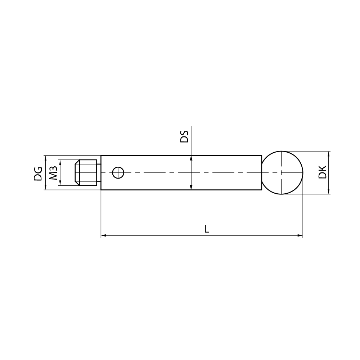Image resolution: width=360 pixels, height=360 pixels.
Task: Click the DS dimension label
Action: coord(184,137)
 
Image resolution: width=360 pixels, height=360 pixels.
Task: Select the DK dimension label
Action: coord(323,172)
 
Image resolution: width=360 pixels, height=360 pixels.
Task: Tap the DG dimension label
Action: coord(38,173)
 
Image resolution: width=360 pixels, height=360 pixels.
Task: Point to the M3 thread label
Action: coord(53,173)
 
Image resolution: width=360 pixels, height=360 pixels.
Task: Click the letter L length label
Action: coord(207,229)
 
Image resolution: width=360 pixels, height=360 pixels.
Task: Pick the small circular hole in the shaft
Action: coord(118,173)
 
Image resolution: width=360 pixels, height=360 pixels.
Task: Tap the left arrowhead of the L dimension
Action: coord(103,235)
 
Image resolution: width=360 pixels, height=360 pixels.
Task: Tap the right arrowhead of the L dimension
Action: coord(301,235)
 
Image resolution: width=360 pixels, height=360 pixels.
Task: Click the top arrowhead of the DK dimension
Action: coord(329,153)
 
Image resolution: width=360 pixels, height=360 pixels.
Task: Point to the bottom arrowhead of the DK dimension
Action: coord(329,192)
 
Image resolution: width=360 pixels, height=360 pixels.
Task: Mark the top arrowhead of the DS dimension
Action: coord(191,157)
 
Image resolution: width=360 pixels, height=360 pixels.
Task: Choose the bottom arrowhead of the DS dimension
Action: coord(191,188)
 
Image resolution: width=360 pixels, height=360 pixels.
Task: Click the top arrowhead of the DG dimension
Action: coord(45,157)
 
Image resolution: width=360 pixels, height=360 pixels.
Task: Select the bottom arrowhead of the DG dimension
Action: coord(45,188)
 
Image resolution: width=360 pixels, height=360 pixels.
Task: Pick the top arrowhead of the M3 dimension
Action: coord(60,162)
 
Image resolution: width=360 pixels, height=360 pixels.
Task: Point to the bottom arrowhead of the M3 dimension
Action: coord(60,183)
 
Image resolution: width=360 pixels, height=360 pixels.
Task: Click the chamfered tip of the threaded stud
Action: coord(76,172)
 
